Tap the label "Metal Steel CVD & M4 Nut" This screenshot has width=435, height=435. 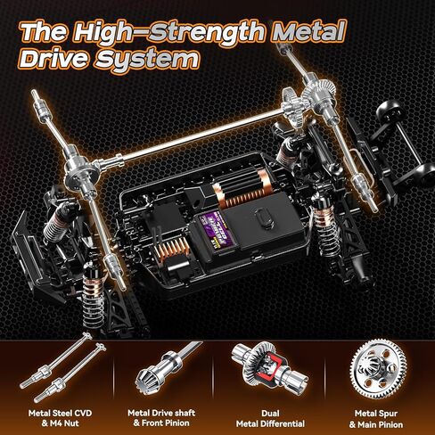(55, 417)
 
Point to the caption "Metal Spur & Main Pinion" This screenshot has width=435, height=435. (377, 417)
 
